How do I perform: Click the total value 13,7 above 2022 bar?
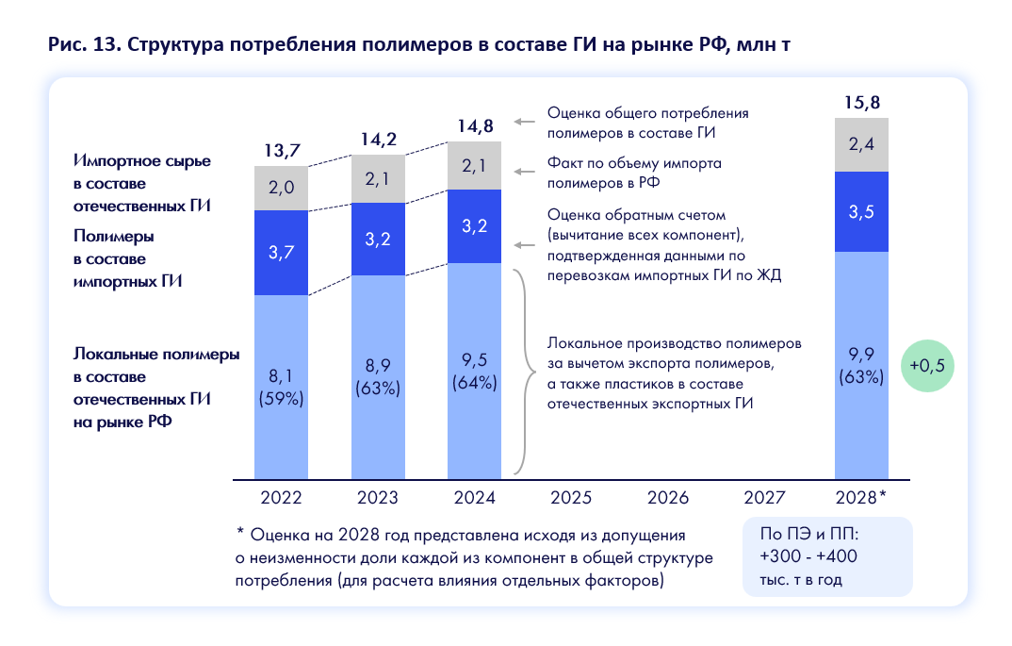coord(282,151)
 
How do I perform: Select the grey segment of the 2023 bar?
coord(378,179)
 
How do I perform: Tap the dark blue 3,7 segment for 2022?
coord(282,252)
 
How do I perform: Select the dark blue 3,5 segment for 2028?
coord(862,211)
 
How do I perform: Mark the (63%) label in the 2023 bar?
coord(378,388)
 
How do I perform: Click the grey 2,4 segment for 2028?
coord(862,145)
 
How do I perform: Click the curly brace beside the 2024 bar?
coord(519,371)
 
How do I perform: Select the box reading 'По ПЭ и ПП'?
coord(827,556)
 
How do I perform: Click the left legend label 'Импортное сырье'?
coord(141,160)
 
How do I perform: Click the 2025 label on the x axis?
coord(571,497)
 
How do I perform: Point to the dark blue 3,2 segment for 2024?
coord(475,226)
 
